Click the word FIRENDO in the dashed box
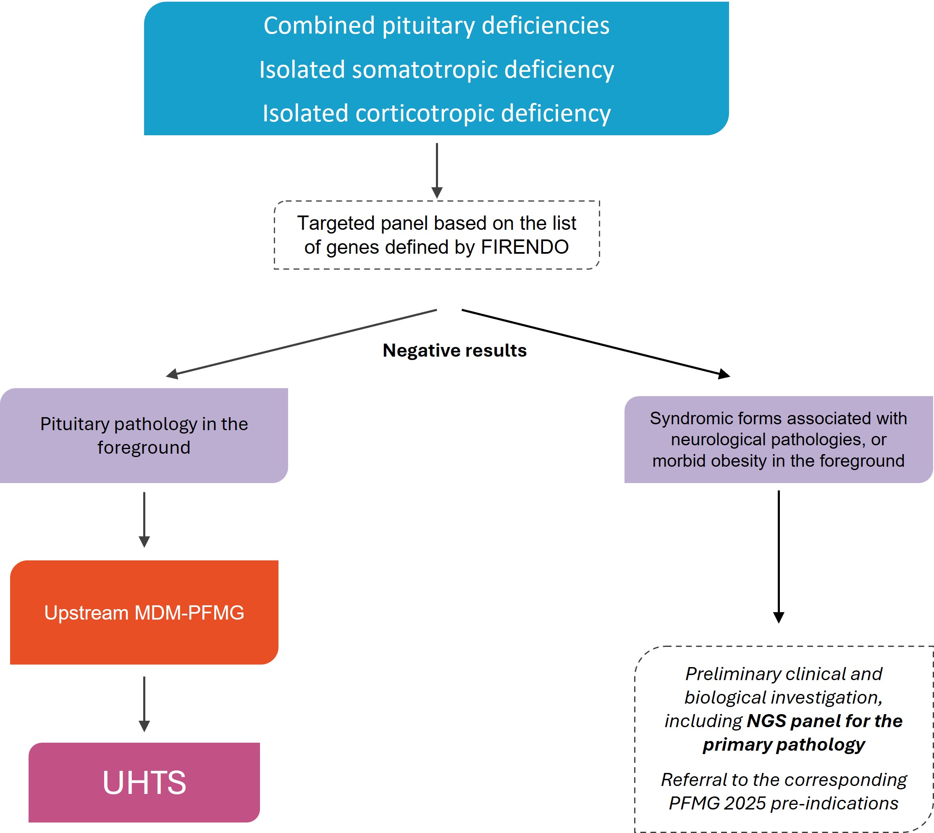(x=525, y=247)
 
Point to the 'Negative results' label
(x=454, y=350)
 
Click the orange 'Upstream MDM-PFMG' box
(x=144, y=612)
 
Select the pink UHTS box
(x=144, y=782)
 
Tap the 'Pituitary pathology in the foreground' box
(x=144, y=435)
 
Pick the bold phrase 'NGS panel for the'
(x=824, y=721)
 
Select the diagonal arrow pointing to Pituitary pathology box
(x=302, y=342)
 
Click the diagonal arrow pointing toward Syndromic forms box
(x=595, y=343)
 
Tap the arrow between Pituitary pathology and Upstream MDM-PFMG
(x=144, y=519)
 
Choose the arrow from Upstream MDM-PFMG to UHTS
(x=144, y=704)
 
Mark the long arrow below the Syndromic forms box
(x=779, y=556)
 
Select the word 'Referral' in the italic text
(x=688, y=780)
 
